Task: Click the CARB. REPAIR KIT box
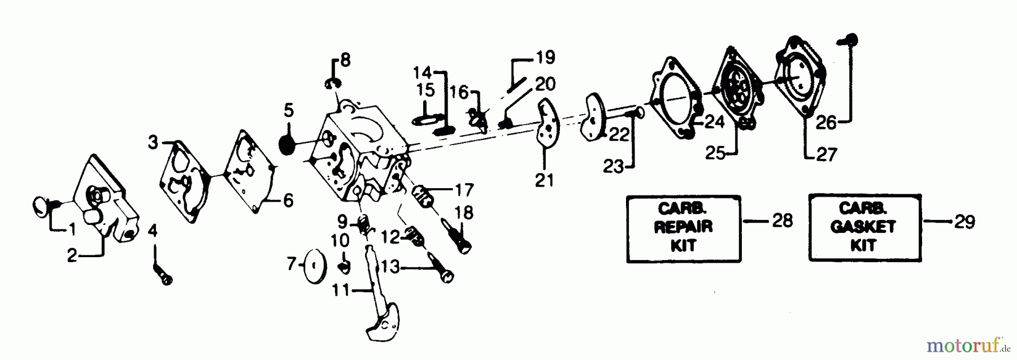[x=683, y=228]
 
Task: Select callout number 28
[x=782, y=220]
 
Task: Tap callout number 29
[x=964, y=222]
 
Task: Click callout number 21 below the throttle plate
[x=545, y=180]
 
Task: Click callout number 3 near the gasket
[x=153, y=142]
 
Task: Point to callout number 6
[x=288, y=200]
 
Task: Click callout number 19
[x=545, y=57]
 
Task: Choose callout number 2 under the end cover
[x=72, y=255]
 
